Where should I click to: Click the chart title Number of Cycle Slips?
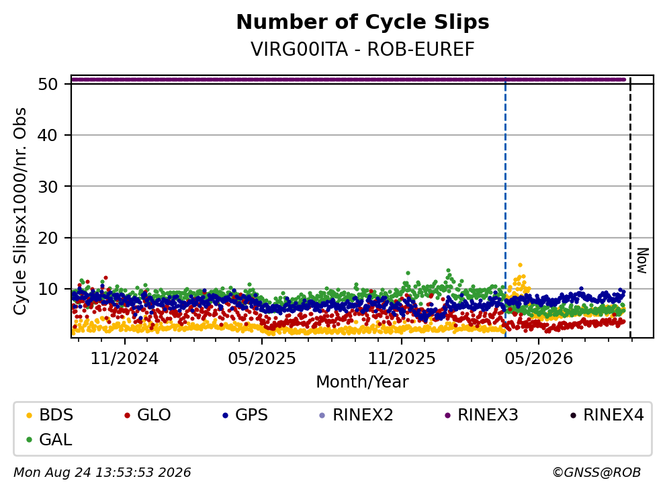tap(363, 22)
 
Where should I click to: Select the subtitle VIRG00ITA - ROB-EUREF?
tap(363, 49)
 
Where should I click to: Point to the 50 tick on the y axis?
tap(48, 84)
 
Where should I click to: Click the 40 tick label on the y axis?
tap(48, 135)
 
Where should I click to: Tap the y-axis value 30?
tap(48, 186)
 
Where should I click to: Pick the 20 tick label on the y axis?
tap(48, 238)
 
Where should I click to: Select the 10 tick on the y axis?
tap(48, 289)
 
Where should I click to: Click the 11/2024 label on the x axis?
tap(125, 359)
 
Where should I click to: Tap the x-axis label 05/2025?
tap(261, 359)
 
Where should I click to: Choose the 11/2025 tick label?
tap(402, 359)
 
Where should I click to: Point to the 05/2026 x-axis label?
tap(539, 359)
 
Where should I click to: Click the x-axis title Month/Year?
tap(362, 382)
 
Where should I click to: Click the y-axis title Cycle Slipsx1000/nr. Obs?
tap(19, 212)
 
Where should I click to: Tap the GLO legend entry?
tap(148, 414)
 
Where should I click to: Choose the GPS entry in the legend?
tap(246, 414)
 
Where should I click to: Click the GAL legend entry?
tap(49, 439)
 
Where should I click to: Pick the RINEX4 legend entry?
tap(607, 414)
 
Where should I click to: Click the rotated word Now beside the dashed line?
tap(643, 261)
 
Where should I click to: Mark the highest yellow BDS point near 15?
tap(520, 265)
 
